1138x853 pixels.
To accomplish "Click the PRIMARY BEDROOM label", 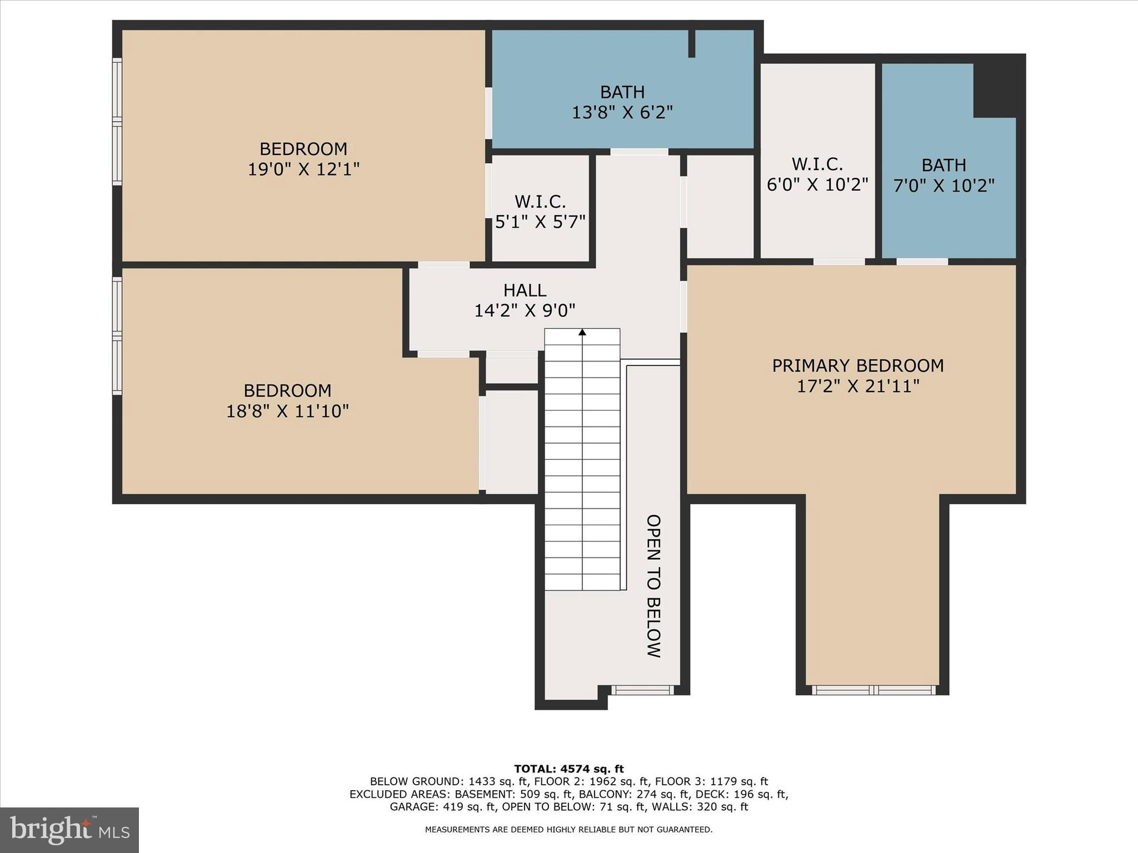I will (857, 365).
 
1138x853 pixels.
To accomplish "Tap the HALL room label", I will (525, 290).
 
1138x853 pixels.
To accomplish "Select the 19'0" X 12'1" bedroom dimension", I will (303, 169).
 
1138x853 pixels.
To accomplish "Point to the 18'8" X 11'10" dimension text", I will (287, 411).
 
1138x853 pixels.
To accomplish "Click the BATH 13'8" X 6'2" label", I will (622, 102).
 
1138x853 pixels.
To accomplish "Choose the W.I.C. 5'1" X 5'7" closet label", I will (540, 212).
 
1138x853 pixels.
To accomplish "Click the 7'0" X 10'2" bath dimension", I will (944, 185).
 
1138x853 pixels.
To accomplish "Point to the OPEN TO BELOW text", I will (653, 586).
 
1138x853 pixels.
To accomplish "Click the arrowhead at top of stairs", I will (582, 332).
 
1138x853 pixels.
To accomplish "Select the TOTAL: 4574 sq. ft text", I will (568, 769).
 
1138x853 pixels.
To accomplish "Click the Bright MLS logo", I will (69, 830).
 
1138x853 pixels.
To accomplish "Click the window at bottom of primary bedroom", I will (874, 690).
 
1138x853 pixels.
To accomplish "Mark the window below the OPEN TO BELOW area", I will (643, 690).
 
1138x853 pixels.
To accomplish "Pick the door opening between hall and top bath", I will (639, 152).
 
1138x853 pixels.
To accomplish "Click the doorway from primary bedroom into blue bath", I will (922, 262).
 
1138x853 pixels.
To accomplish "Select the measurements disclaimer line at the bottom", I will (568, 830).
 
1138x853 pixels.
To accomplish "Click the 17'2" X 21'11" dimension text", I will (858, 386).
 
